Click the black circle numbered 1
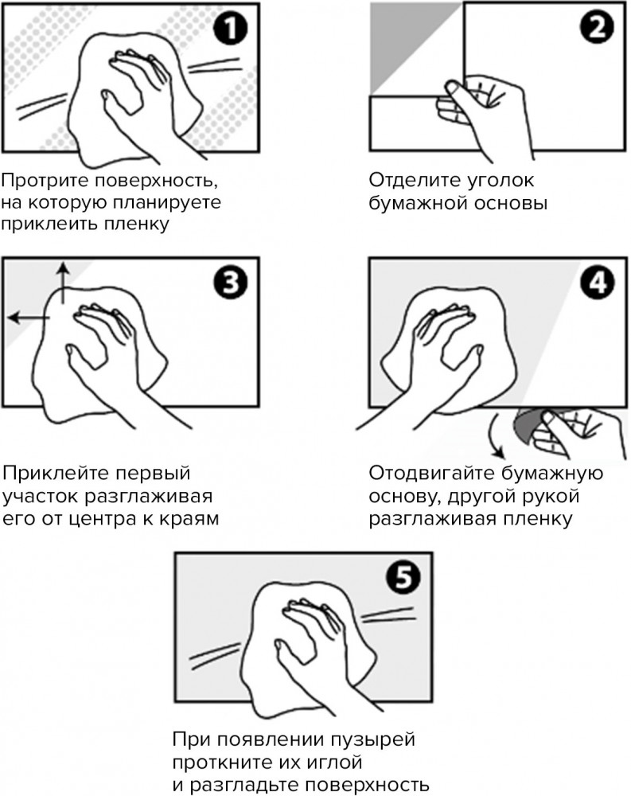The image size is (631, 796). (x=231, y=29)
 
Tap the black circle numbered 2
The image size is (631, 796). (x=597, y=27)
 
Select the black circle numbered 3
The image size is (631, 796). (x=231, y=283)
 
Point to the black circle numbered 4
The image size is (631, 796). (x=597, y=283)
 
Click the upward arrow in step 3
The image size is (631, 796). (x=63, y=283)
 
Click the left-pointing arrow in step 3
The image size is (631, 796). (x=29, y=318)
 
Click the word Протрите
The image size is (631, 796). (x=45, y=181)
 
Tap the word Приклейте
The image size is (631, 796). (x=55, y=473)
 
